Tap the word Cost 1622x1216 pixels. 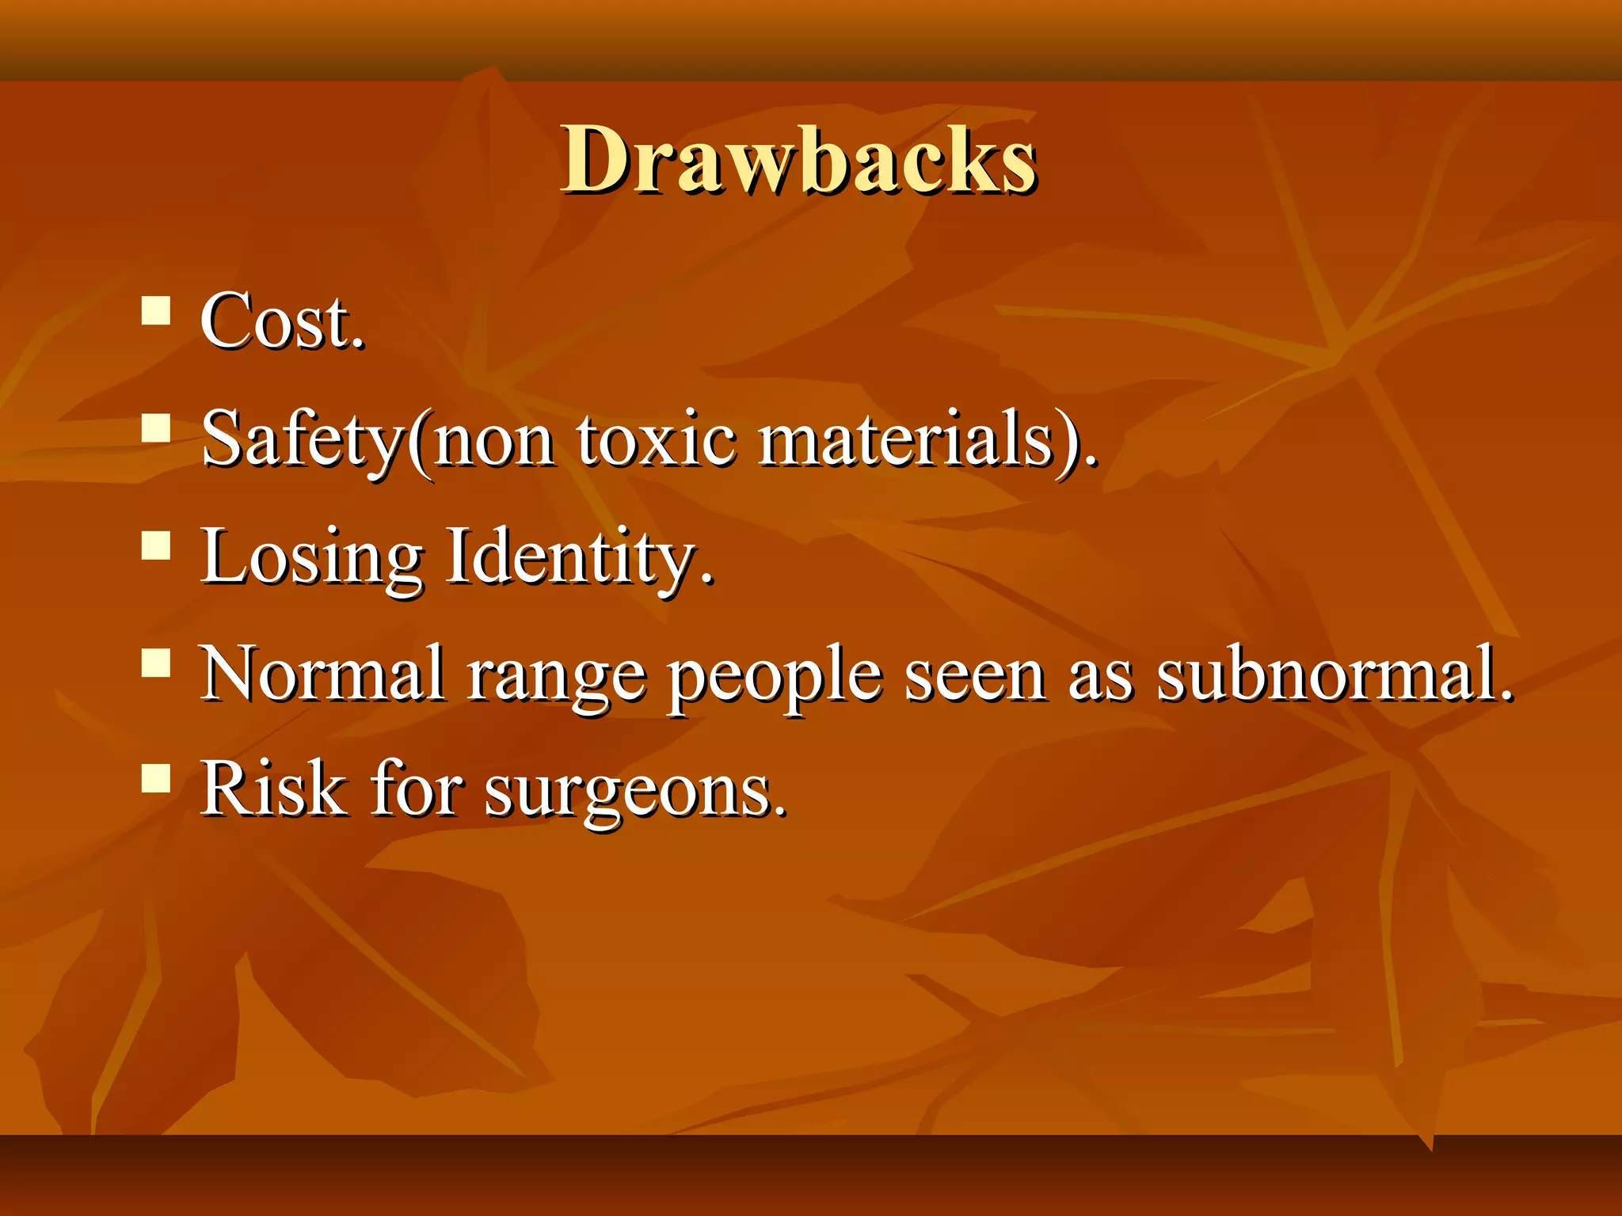click(282, 322)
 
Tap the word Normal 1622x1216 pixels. click(322, 674)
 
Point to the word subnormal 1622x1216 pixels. click(1334, 674)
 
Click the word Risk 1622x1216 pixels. click(272, 788)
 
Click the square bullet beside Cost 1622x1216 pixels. click(156, 310)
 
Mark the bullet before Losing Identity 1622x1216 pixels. click(156, 545)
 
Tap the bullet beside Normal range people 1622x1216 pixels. click(156, 663)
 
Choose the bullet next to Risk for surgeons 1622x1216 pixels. click(156, 778)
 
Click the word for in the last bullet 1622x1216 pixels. click(417, 788)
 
